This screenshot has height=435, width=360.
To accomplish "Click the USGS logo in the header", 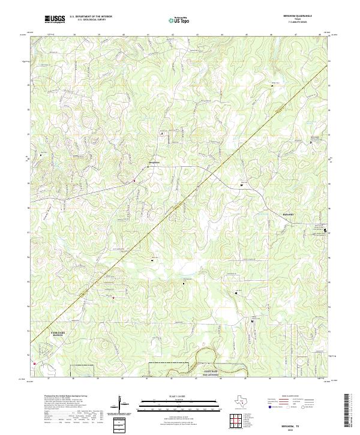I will (x=55, y=19).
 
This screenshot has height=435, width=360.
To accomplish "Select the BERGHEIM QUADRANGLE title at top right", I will (x=297, y=16).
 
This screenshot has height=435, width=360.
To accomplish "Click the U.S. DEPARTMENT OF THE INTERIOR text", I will (x=90, y=17).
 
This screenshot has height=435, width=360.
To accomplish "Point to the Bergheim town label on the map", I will (x=154, y=163).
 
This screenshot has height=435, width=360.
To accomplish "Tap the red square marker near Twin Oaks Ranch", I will (x=35, y=363).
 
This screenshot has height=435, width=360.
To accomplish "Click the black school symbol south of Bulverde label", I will (x=326, y=230).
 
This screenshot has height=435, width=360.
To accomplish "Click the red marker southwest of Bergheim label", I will (x=134, y=181).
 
